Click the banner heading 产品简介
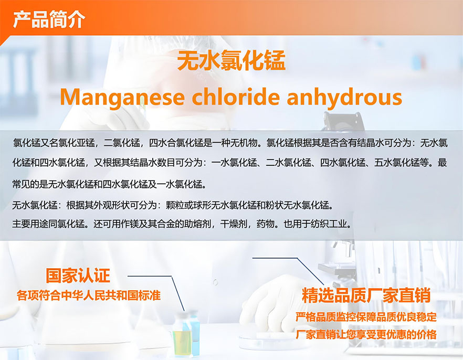coord(49,19)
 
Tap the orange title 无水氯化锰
coord(231,60)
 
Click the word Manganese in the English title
coord(122,97)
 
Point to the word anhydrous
coord(344,97)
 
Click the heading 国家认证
coord(78,276)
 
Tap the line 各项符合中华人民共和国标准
coord(89,295)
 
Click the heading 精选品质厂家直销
coord(366,295)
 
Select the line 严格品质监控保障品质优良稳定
coord(366,317)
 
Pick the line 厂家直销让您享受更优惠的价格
coord(366,335)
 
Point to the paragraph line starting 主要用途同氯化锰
coord(182,224)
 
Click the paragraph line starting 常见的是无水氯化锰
coord(109,184)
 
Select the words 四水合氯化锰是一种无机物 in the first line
coord(203,143)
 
